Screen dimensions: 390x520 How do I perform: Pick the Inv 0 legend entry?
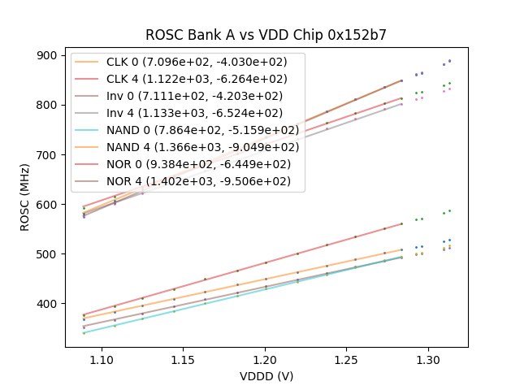[194, 96]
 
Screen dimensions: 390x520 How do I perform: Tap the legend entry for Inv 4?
[194, 113]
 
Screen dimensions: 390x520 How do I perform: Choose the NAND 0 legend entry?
[202, 130]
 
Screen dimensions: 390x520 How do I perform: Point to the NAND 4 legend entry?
[202, 146]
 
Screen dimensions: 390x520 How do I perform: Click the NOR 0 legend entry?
[198, 163]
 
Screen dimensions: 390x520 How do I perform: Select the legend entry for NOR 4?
[198, 180]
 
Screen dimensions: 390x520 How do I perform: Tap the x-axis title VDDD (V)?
[266, 376]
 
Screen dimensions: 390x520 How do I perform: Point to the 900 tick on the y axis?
[47, 55]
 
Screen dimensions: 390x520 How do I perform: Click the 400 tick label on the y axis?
[47, 304]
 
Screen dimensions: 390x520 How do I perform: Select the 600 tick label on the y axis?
[47, 205]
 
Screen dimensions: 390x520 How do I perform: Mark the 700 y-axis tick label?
[47, 154]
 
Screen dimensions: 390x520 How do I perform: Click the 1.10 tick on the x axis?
[102, 358]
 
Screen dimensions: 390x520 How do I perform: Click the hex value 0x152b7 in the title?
[358, 35]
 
